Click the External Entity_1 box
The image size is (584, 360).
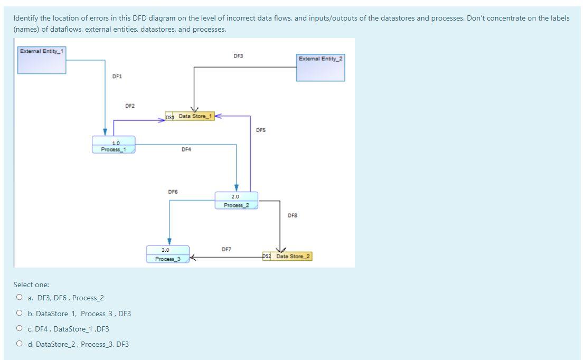(42, 60)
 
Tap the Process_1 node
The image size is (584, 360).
(114, 145)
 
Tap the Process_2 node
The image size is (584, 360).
(236, 201)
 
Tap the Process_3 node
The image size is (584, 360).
(167, 254)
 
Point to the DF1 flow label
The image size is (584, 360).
(117, 77)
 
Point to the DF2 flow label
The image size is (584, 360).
(130, 106)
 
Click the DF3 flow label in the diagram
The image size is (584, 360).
(238, 56)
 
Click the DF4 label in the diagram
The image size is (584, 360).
(186, 149)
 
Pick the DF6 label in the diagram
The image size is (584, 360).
(173, 192)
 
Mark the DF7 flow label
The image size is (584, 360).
(226, 249)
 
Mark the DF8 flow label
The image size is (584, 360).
(293, 215)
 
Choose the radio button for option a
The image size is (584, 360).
(20, 298)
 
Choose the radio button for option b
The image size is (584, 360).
(20, 314)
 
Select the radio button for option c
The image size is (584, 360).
(20, 329)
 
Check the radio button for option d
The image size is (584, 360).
(20, 344)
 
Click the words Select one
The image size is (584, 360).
(31, 285)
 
